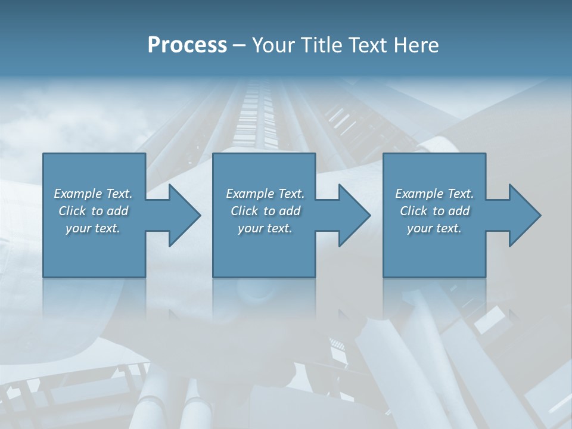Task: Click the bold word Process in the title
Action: (187, 45)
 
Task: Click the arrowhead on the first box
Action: (182, 215)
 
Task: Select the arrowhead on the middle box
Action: (352, 215)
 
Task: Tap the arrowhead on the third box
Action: (522, 215)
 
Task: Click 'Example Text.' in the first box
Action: (93, 194)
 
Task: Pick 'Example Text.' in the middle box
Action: (265, 194)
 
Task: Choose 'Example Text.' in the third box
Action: (434, 194)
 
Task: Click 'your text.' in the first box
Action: (93, 228)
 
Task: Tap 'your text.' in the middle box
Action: (265, 228)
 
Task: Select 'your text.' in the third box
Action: (434, 228)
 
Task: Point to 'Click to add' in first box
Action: (93, 211)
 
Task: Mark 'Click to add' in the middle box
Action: (265, 211)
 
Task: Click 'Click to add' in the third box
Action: (434, 211)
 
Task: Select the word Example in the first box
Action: (77, 194)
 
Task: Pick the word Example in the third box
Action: (419, 194)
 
